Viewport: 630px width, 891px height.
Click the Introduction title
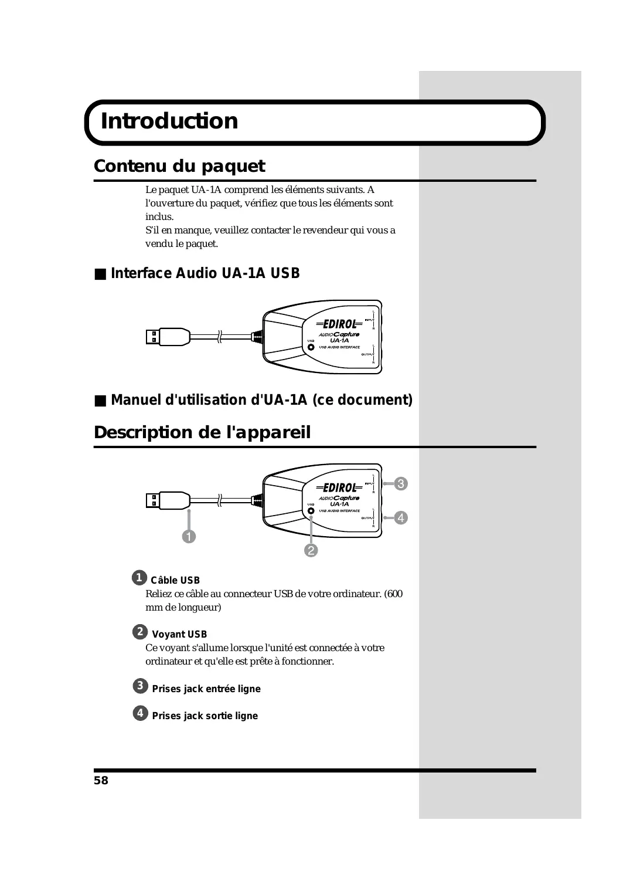point(169,121)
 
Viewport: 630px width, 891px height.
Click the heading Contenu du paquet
point(179,166)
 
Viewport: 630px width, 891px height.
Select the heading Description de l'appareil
point(202,432)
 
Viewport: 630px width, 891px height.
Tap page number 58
point(101,780)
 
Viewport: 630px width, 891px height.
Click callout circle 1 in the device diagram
point(189,536)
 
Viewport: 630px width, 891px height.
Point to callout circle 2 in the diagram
point(311,550)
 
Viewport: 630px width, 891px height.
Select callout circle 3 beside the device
point(401,483)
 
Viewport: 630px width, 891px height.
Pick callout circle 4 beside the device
point(401,517)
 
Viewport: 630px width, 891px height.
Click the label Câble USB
point(175,580)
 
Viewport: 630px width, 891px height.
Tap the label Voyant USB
point(179,634)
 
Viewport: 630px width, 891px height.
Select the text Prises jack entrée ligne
point(206,689)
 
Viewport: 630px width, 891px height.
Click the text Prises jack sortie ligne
point(205,716)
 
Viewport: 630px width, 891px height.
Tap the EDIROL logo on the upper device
point(340,324)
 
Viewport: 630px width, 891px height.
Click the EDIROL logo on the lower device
point(340,487)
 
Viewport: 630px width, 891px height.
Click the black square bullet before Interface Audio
point(101,274)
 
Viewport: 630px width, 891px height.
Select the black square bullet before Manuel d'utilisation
point(101,401)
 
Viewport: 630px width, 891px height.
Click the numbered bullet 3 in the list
point(140,686)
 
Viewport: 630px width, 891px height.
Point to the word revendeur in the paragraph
point(325,230)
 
